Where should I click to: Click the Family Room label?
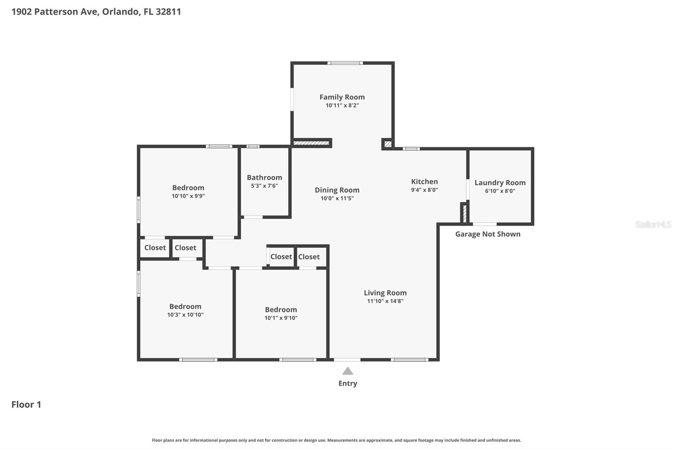(x=342, y=97)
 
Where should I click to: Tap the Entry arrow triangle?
(x=347, y=371)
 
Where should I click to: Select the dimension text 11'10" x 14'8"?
(x=385, y=301)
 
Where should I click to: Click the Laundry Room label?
(x=500, y=182)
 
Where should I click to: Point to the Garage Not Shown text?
(x=488, y=234)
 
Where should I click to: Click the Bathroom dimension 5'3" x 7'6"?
(x=264, y=186)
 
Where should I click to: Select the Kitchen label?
(x=424, y=182)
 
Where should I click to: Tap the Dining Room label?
(x=337, y=190)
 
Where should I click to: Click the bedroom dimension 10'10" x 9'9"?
(x=188, y=196)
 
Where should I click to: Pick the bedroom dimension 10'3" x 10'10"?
(x=185, y=315)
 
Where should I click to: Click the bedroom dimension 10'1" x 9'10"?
(x=281, y=318)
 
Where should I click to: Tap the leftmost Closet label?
(x=155, y=248)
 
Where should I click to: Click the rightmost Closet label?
(x=309, y=257)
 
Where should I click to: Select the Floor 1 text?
(x=26, y=404)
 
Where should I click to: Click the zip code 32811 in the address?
(x=168, y=11)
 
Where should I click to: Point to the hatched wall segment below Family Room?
(x=311, y=143)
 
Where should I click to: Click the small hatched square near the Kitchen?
(x=388, y=144)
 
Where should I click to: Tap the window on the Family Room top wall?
(x=345, y=63)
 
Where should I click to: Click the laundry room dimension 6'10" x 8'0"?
(x=500, y=191)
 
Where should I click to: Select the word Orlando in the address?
(x=120, y=11)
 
